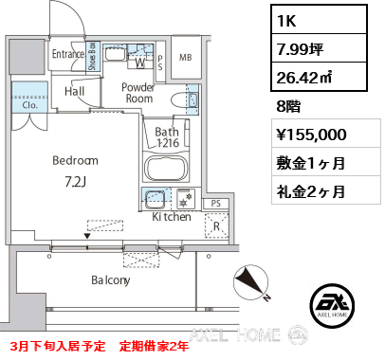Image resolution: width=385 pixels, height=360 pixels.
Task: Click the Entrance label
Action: [x=68, y=54]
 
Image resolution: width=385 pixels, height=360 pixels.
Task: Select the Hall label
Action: [x=77, y=90]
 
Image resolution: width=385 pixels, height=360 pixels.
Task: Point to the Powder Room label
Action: [x=137, y=92]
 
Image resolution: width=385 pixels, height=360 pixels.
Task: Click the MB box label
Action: [x=186, y=56]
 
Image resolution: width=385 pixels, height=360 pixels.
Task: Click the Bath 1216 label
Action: [x=168, y=136]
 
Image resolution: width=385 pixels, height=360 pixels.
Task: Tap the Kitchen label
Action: [x=172, y=217]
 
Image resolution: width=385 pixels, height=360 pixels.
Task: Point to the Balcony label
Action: [x=111, y=280]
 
